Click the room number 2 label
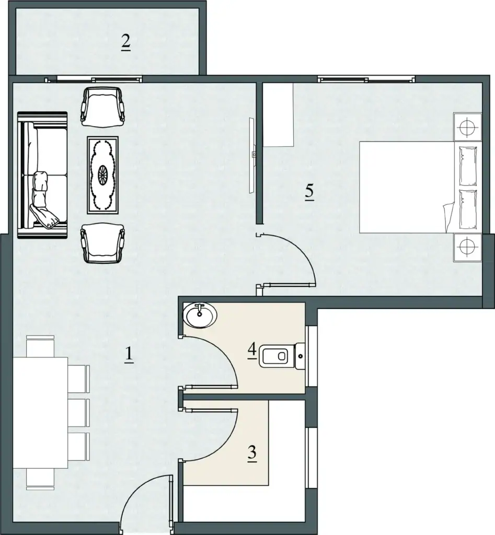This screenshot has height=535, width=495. click(125, 42)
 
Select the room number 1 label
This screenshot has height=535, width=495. click(129, 355)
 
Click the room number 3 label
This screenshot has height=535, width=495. click(252, 453)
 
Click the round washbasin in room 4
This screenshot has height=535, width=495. click(200, 315)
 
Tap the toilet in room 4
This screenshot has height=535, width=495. click(282, 356)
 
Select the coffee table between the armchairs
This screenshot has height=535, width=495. click(103, 175)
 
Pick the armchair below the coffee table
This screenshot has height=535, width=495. click(102, 243)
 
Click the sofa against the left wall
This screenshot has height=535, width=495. click(42, 175)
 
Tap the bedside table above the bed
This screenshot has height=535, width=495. click(467, 127)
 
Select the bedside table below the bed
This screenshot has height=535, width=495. click(467, 247)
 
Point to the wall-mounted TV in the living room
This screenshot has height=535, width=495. click(252, 155)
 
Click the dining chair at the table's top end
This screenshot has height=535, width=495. click(40, 346)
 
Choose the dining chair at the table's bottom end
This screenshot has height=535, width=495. click(40, 479)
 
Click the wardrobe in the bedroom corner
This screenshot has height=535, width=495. click(278, 115)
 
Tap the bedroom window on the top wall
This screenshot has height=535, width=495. click(366, 80)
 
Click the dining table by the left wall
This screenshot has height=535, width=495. click(40, 413)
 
